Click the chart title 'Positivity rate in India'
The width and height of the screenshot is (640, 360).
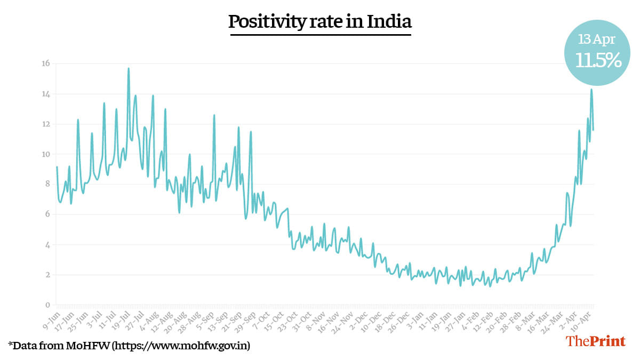point(320,22)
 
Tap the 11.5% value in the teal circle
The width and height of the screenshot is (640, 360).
point(598,60)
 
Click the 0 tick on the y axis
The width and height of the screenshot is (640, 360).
point(47,305)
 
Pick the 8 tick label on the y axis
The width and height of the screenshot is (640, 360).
point(47,185)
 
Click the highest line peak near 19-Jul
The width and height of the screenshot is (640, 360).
point(129,68)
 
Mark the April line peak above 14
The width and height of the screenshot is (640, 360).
point(591,90)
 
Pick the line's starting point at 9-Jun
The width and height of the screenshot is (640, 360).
point(57,167)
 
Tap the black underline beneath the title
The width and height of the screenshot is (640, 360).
point(320,35)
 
